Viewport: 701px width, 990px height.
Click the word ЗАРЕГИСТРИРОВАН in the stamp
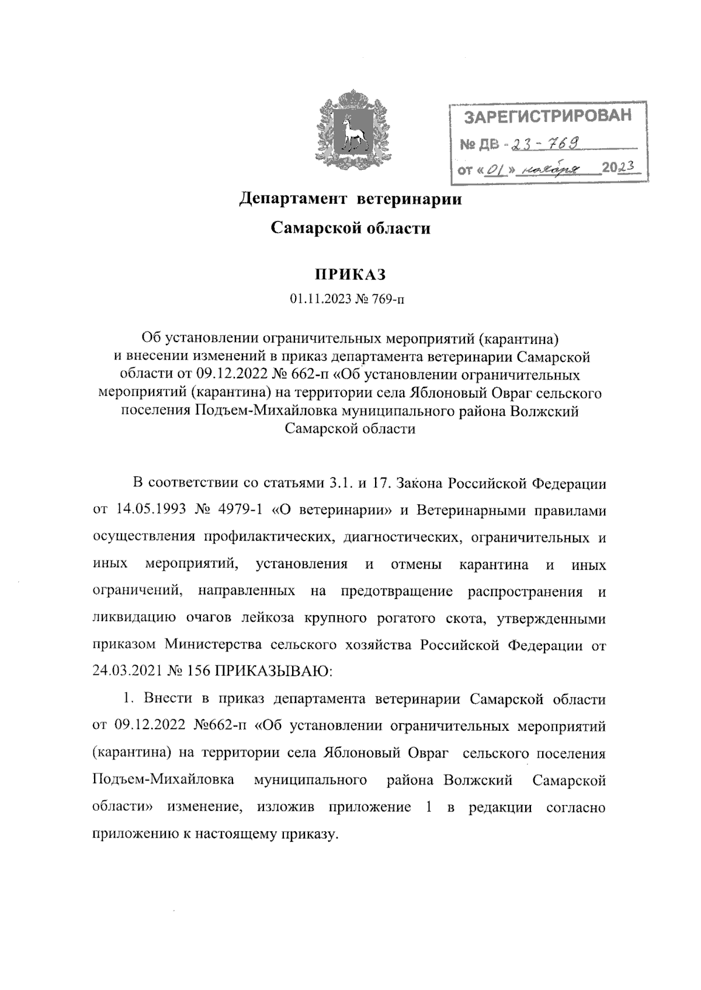pyautogui.click(x=548, y=116)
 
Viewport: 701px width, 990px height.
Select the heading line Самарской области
pyautogui.click(x=350, y=228)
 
